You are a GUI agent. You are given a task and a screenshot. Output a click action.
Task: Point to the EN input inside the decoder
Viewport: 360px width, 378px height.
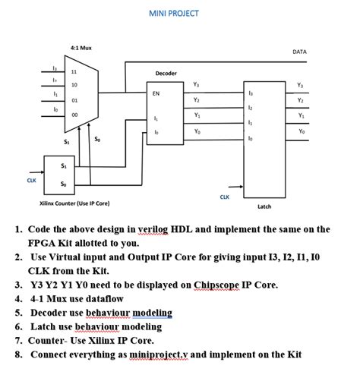(x=156, y=93)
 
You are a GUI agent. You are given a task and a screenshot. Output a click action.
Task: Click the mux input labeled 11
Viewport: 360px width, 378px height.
(x=74, y=72)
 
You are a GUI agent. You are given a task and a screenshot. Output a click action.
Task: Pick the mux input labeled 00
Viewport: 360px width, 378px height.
(x=74, y=114)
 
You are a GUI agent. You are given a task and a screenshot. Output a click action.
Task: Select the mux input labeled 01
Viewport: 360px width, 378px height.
(x=74, y=99)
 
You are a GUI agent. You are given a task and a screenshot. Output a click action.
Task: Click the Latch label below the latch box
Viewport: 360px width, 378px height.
(x=264, y=206)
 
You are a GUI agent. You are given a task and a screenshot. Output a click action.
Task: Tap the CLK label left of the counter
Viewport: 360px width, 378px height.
(x=31, y=181)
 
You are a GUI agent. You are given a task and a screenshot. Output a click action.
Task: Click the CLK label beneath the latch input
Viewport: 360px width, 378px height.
(x=224, y=197)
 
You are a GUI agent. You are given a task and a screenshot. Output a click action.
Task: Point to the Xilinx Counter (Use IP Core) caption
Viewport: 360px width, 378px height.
(x=74, y=203)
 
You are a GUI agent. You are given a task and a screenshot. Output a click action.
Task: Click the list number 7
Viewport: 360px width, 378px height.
(x=18, y=340)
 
